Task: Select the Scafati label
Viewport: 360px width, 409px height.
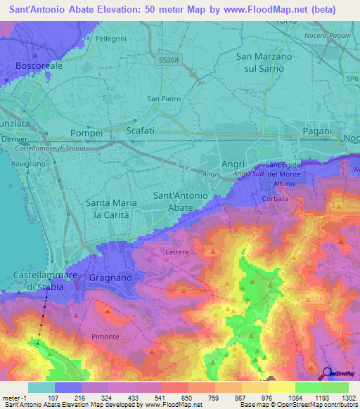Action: point(139,131)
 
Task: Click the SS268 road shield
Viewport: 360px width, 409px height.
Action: point(169,61)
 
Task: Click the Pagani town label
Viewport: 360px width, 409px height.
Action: point(316,131)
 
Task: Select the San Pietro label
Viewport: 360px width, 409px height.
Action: point(160,99)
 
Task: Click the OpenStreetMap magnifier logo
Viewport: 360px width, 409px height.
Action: point(326,374)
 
